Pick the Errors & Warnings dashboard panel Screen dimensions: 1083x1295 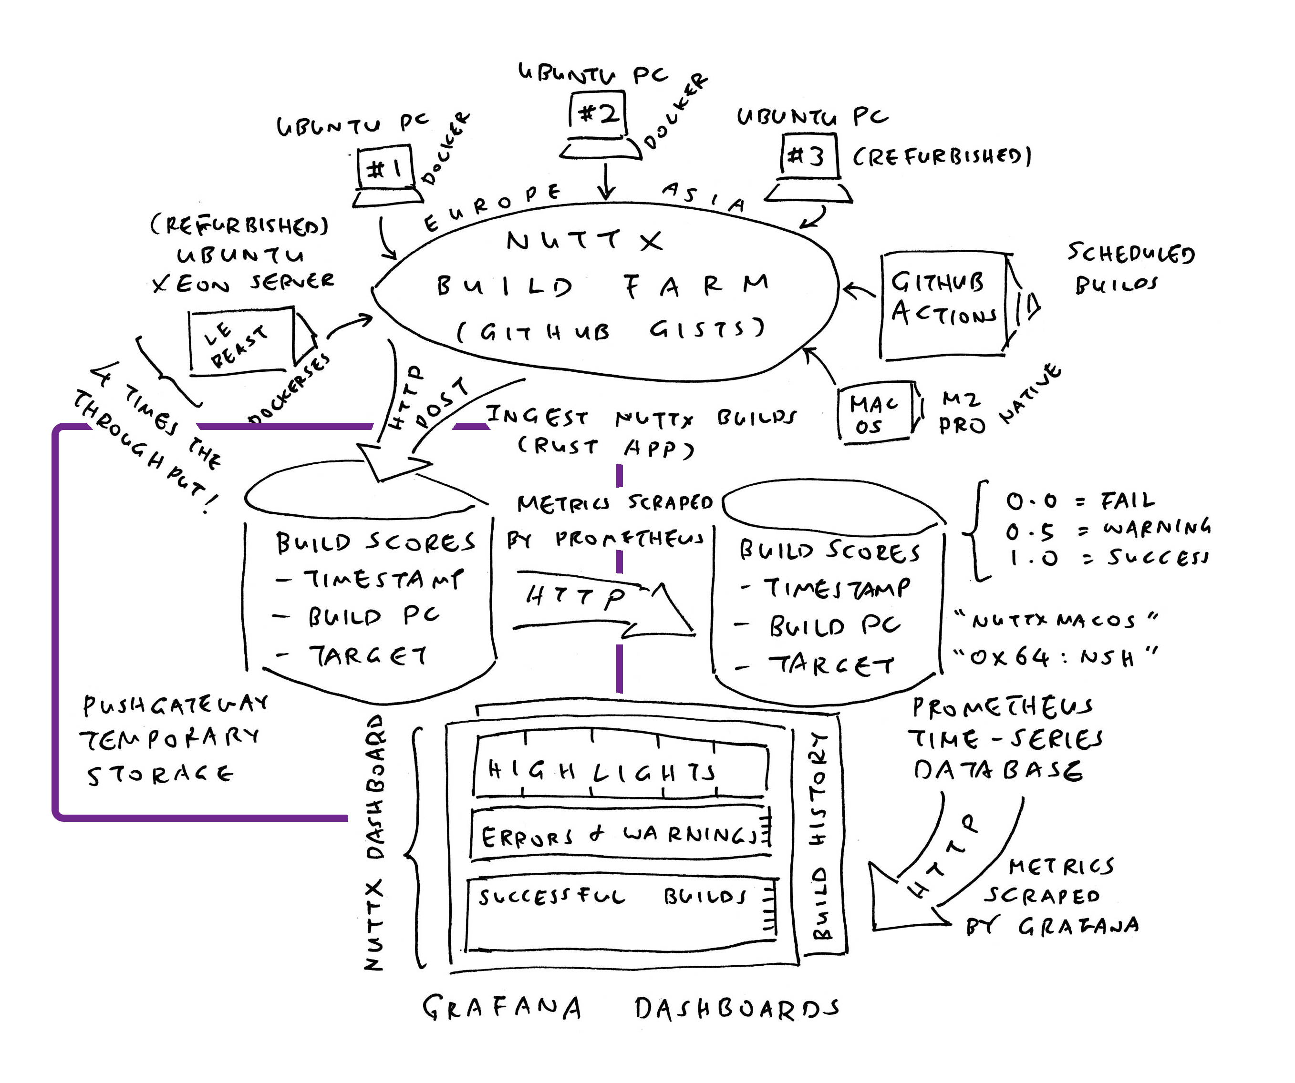[619, 835]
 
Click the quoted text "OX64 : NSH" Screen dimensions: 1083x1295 [1055, 658]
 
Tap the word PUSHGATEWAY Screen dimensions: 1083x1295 [176, 705]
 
